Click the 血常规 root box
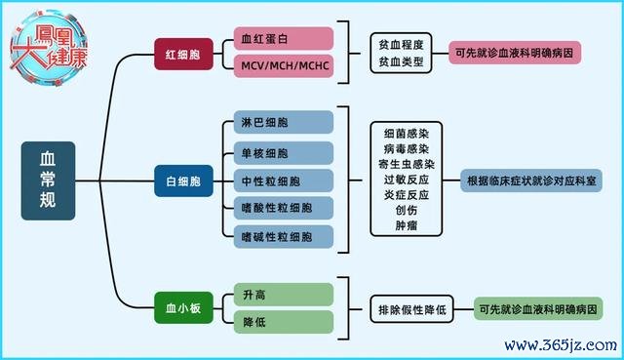(48, 180)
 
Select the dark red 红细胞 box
(183, 55)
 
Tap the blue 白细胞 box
(183, 181)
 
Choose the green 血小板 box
(183, 307)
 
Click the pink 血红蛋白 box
(284, 39)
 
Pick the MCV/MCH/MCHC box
(284, 65)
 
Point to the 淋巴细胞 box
(284, 122)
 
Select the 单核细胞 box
(284, 153)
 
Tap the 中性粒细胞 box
(284, 180)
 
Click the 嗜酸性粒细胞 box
(284, 208)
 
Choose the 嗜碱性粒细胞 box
(284, 237)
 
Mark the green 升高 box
(284, 295)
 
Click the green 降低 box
(284, 322)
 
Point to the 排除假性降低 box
(411, 309)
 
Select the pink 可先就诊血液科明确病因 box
(515, 53)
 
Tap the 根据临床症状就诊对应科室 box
(531, 180)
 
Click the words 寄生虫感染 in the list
(407, 164)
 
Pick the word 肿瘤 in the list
(407, 225)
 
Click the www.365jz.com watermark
(561, 345)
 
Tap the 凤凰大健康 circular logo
(49, 47)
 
